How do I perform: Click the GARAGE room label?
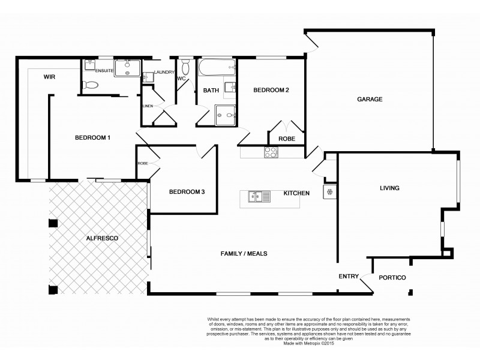coord(370,100)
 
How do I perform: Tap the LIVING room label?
coord(389,188)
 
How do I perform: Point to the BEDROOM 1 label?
coord(92,138)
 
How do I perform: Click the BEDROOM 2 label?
coord(271,91)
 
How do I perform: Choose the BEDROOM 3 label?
coord(187,192)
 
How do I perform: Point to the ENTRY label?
coord(349,277)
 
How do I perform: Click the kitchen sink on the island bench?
coord(256,195)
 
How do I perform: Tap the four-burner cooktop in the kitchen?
coord(271,152)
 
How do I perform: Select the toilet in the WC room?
coord(185,65)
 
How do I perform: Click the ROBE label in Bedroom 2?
coord(286,139)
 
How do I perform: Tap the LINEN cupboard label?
coord(148,106)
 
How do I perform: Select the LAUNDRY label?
coord(163,72)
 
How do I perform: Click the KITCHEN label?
coord(296,193)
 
